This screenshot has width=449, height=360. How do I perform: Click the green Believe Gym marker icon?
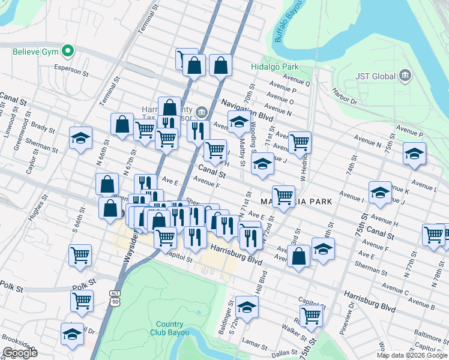(68, 52)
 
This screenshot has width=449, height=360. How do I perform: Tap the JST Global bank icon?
(406, 76)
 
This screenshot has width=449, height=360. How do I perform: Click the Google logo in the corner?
(20, 353)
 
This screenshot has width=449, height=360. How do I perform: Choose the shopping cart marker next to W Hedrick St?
(300, 143)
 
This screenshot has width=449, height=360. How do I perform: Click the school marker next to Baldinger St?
(247, 307)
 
